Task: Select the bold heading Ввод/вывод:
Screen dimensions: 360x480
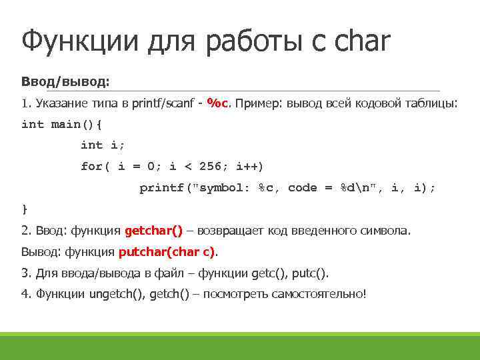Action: point(65,81)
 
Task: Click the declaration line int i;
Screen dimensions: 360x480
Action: point(102,145)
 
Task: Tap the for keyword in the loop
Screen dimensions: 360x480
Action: point(91,166)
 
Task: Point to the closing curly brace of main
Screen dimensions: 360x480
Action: point(25,209)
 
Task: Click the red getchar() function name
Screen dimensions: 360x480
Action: point(153,231)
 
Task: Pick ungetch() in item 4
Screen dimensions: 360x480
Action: point(117,294)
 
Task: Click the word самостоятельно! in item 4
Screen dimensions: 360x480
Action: point(319,294)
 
